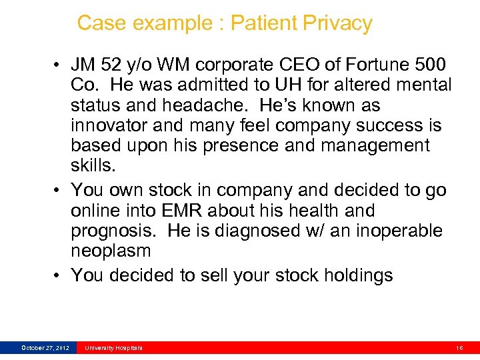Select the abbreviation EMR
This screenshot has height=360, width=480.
coord(182,211)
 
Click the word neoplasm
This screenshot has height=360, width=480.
coord(111,251)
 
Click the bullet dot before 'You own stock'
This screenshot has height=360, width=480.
coord(60,190)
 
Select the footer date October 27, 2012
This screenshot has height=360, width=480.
coord(45,348)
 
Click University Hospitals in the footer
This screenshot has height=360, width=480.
coord(113,348)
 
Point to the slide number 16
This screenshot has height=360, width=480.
coord(459,348)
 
